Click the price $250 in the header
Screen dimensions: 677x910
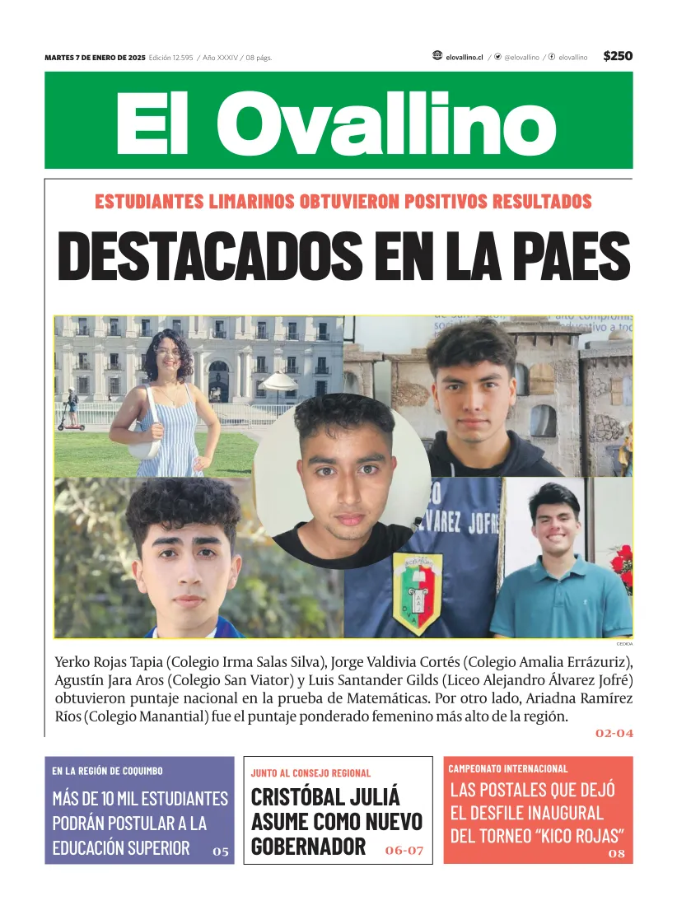pos(618,56)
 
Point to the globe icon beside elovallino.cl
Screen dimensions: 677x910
pos(437,56)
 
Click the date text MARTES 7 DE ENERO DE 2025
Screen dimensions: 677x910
pos(95,58)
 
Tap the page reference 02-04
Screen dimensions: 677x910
pos(614,733)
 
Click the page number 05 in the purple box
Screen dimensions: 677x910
pos(221,852)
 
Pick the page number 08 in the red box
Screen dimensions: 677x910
pos(617,854)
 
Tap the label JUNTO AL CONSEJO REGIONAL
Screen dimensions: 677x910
pos(310,773)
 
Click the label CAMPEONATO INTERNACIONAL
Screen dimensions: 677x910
pos(508,768)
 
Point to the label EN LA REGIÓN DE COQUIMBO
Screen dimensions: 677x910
pos(107,771)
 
